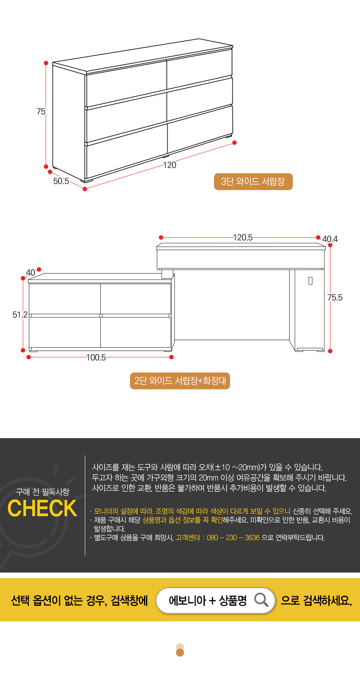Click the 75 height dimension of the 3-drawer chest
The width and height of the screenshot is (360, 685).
41,112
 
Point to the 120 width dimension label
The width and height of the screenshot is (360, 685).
170,165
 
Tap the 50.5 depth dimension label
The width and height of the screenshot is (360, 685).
61,181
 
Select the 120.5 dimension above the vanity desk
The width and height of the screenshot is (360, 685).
243,238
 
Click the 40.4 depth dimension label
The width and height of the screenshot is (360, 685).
330,239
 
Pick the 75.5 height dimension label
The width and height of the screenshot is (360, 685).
335,298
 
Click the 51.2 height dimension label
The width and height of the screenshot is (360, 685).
20,314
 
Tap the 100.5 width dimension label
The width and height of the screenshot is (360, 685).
96,357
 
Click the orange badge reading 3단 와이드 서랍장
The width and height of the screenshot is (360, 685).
253,182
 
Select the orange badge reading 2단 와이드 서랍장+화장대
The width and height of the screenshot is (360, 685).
180,381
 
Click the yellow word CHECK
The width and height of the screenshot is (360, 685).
42,509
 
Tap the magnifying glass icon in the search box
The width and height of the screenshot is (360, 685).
261,600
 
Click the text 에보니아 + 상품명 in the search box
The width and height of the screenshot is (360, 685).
208,601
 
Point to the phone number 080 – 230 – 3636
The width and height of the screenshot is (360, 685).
233,538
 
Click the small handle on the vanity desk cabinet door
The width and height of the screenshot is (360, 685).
310,281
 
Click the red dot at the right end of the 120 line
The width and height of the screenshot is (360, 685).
234,143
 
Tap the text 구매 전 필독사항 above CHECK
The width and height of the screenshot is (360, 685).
42,492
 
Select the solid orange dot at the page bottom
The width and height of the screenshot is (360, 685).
180,653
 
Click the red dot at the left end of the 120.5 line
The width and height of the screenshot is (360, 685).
161,238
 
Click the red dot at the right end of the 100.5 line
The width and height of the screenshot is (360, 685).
172,357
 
